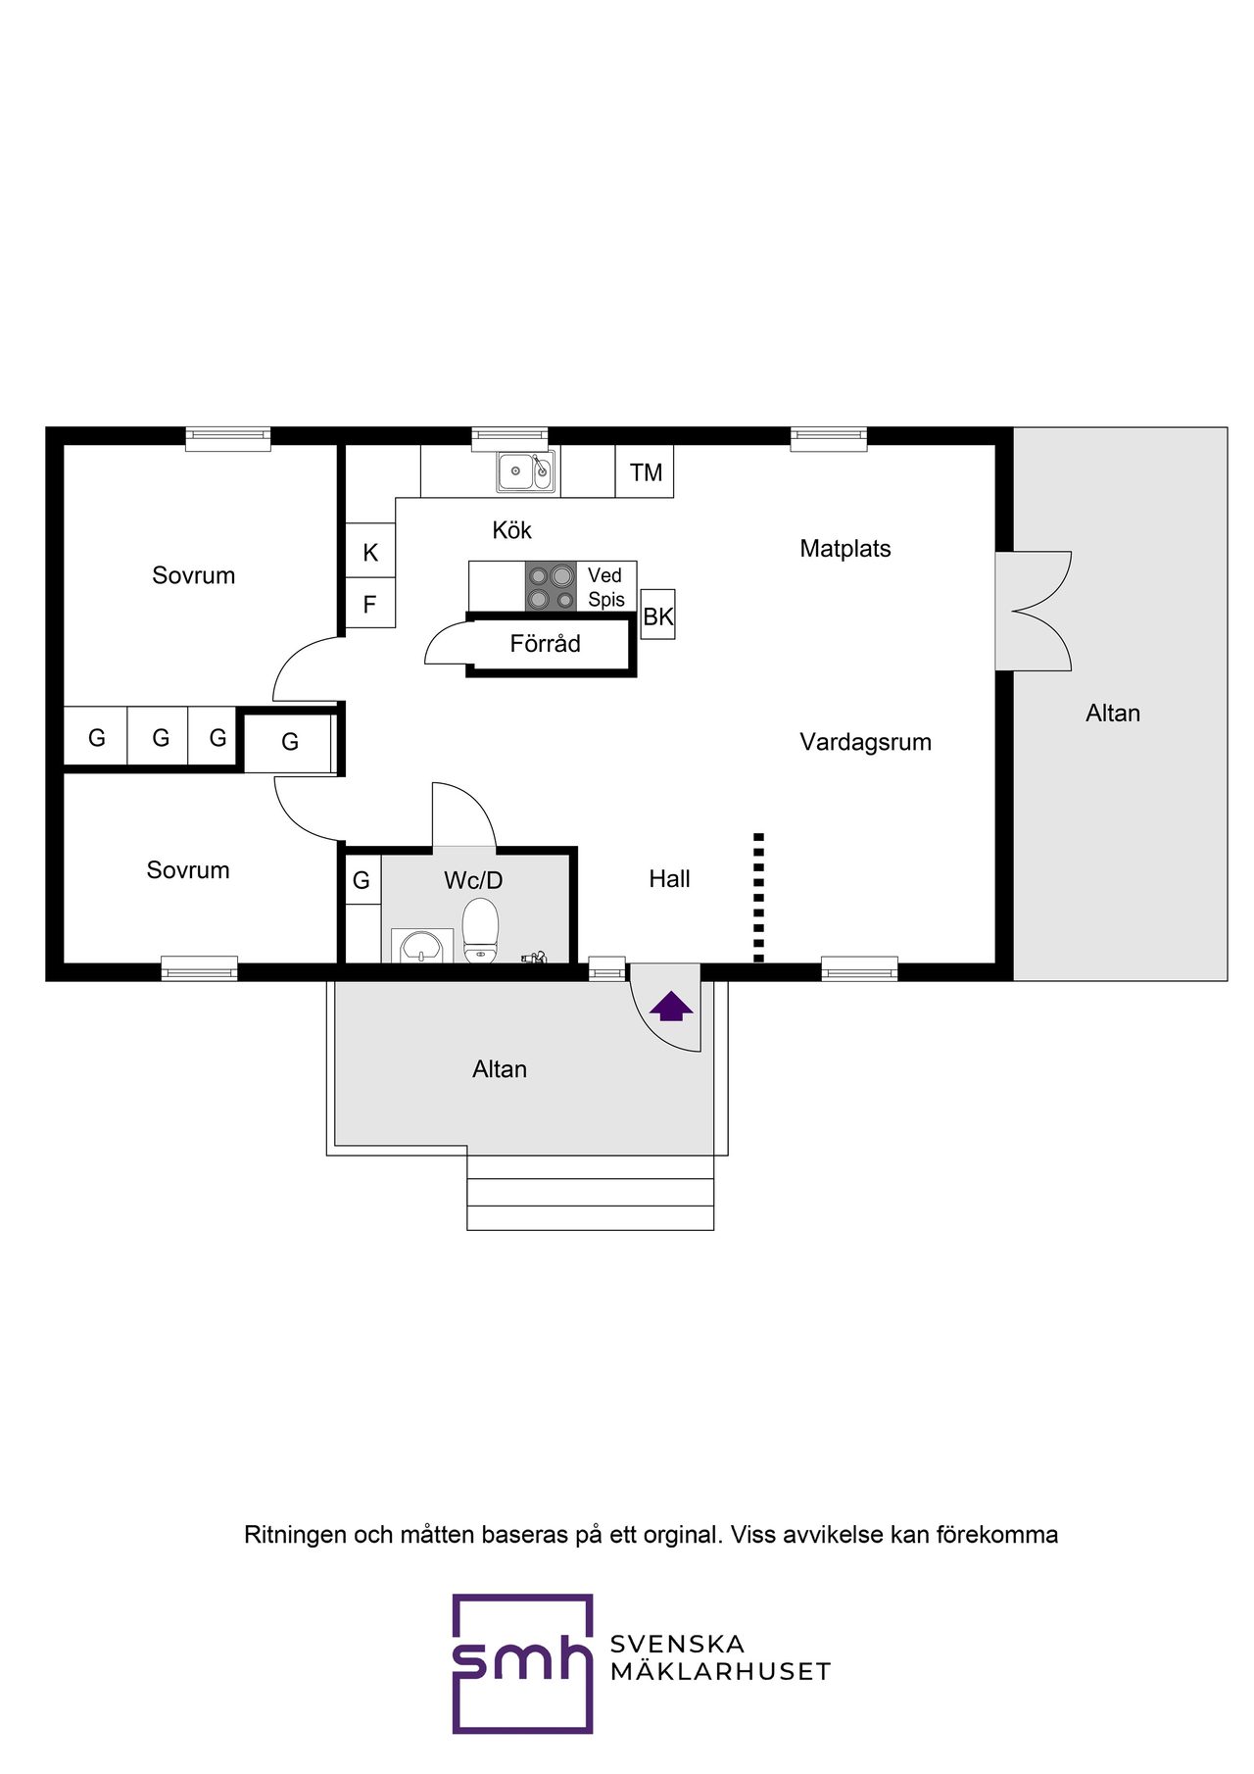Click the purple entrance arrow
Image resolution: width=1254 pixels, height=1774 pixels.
pyautogui.click(x=671, y=1007)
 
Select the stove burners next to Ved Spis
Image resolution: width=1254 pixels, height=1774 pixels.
pyautogui.click(x=551, y=586)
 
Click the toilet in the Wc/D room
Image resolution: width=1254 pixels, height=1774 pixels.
pyautogui.click(x=480, y=930)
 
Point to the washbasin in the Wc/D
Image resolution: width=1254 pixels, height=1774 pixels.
pyautogui.click(x=421, y=946)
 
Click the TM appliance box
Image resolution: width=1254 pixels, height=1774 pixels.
pyautogui.click(x=646, y=472)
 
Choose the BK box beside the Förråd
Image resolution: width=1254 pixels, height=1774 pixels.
pyautogui.click(x=657, y=616)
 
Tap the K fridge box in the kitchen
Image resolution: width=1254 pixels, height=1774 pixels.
pyautogui.click(x=370, y=552)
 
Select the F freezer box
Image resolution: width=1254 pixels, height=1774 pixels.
pyautogui.click(x=370, y=604)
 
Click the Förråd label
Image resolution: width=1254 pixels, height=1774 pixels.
pyautogui.click(x=546, y=644)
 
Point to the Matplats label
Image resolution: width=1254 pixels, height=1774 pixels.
pyautogui.click(x=845, y=549)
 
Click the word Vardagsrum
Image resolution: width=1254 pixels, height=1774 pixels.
pyautogui.click(x=865, y=742)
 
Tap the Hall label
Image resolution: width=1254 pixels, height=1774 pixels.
pyautogui.click(x=669, y=879)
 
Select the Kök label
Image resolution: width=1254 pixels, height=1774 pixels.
pyautogui.click(x=511, y=530)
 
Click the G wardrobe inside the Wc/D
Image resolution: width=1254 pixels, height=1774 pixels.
pyautogui.click(x=362, y=880)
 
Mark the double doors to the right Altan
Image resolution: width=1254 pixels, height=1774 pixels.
pyautogui.click(x=1034, y=612)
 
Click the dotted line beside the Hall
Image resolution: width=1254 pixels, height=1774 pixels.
pyautogui.click(x=758, y=897)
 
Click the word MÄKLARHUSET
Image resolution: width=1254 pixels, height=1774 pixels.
pyautogui.click(x=720, y=1672)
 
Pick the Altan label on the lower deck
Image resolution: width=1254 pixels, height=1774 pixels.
pyautogui.click(x=500, y=1069)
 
